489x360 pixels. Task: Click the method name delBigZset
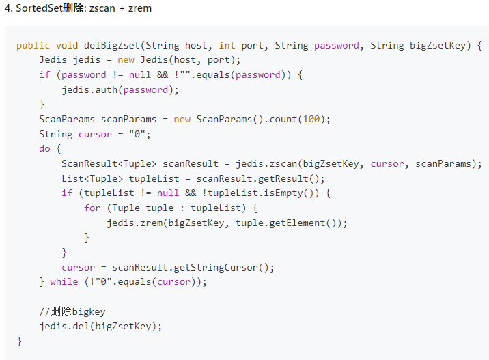tap(112, 46)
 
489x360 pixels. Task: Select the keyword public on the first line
tap(33, 46)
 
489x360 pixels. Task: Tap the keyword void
tap(67, 46)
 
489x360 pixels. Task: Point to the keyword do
tap(44, 148)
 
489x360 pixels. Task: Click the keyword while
tap(64, 281)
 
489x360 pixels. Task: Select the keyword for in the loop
tap(92, 208)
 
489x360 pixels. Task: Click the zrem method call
tap(152, 223)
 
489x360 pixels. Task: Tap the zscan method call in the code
tap(283, 163)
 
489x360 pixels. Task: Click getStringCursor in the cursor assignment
tap(216, 267)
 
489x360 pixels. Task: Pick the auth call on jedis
tap(107, 90)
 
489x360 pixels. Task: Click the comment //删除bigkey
tap(72, 311)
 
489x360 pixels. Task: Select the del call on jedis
tap(81, 326)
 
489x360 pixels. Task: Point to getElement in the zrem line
tap(297, 223)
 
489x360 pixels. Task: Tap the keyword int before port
tap(227, 46)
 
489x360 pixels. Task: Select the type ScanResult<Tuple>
tap(109, 163)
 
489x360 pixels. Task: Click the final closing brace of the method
tap(19, 341)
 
